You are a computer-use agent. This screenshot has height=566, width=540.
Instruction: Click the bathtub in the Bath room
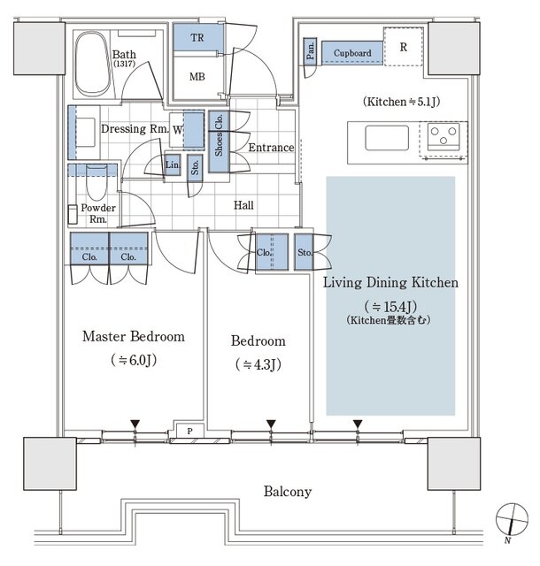click(x=93, y=64)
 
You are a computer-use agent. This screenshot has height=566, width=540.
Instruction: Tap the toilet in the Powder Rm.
click(x=96, y=182)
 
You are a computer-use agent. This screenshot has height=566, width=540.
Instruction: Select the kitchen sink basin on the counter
click(x=387, y=138)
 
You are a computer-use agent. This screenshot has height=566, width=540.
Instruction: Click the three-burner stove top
click(x=444, y=136)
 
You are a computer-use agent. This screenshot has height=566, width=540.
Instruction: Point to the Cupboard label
click(x=352, y=53)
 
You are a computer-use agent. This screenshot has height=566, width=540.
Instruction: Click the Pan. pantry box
click(x=310, y=51)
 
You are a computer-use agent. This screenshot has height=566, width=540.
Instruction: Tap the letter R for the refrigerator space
click(x=404, y=47)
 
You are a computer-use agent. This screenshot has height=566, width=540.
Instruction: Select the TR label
click(x=197, y=37)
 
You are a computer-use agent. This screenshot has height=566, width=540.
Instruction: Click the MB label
click(x=197, y=77)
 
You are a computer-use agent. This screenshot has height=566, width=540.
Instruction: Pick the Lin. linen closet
click(x=173, y=165)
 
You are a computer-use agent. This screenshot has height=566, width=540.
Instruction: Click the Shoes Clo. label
click(x=219, y=135)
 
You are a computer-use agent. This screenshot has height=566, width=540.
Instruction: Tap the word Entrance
click(x=271, y=148)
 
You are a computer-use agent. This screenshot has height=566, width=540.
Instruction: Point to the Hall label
click(x=243, y=205)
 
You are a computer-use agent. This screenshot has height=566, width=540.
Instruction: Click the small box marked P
click(x=190, y=431)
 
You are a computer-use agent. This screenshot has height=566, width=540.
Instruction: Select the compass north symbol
click(x=512, y=519)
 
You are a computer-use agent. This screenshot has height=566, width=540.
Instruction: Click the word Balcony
click(x=288, y=492)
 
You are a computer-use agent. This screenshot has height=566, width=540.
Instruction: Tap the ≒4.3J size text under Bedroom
click(x=258, y=364)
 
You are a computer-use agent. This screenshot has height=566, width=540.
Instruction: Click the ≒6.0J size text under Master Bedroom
click(x=134, y=360)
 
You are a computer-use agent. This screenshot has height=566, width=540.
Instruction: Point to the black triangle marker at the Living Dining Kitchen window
click(x=358, y=424)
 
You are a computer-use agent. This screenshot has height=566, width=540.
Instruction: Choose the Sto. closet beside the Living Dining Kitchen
click(x=304, y=252)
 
